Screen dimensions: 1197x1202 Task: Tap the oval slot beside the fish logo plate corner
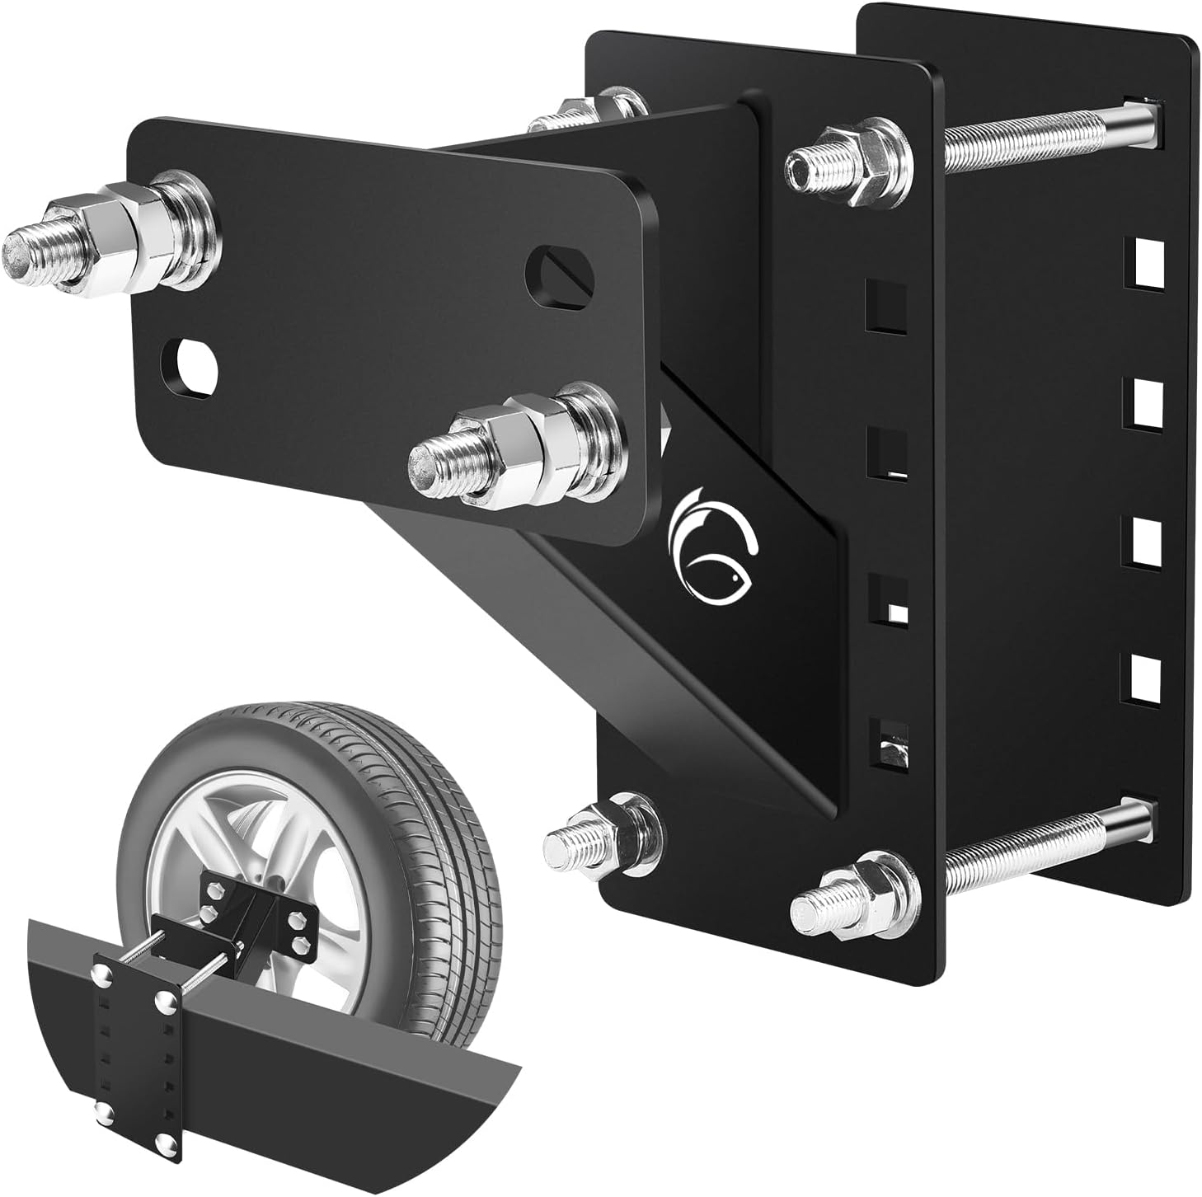point(560,274)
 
